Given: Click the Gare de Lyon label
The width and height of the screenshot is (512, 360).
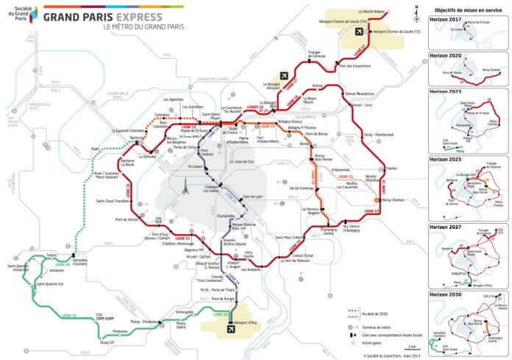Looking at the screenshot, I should click(x=252, y=197).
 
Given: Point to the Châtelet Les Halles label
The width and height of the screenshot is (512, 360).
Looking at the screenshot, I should click(x=213, y=189).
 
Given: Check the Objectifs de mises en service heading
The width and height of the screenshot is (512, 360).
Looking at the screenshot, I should click(x=467, y=8).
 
